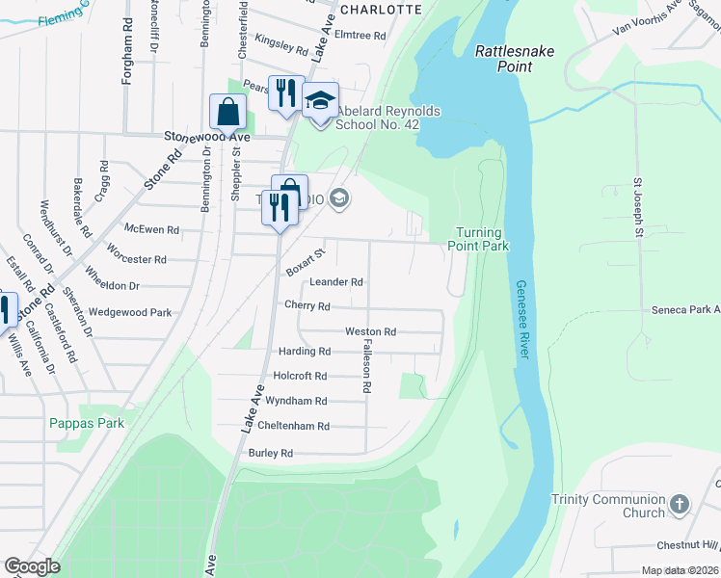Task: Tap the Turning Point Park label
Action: pos(481,239)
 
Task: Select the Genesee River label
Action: pos(522,320)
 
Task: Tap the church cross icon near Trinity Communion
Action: pos(680,504)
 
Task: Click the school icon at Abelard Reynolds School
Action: pos(320,99)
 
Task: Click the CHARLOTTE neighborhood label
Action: pos(382,9)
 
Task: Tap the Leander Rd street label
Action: pos(336,282)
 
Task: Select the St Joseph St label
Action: pos(638,206)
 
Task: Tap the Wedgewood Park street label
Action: pos(130,312)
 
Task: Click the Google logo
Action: pos(32,566)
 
